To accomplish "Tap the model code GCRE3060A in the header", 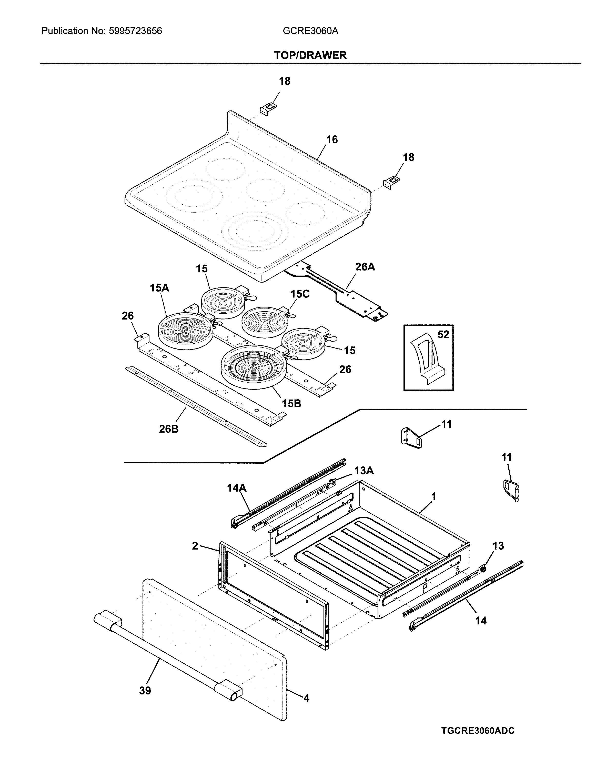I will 310,31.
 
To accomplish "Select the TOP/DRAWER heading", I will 310,55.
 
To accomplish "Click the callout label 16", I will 332,140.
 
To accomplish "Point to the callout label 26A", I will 365,267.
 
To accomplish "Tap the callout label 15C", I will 300,294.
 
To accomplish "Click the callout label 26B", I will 169,429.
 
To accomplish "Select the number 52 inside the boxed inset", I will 443,334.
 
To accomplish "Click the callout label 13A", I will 364,471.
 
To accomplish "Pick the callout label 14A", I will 237,488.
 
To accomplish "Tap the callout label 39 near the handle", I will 145,691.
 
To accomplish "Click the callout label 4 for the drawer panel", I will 306,698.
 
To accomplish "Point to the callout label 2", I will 195,546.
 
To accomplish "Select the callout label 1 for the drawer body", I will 433,497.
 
